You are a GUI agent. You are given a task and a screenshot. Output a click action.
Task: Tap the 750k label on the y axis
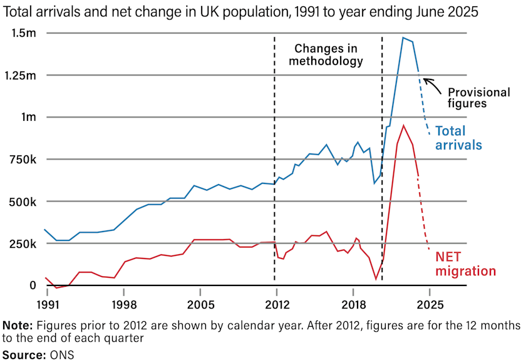[23, 160]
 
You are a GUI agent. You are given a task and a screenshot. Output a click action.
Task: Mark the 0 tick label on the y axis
[33, 285]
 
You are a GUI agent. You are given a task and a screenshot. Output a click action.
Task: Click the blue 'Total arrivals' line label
[458, 138]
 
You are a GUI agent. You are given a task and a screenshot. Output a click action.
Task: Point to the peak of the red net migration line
[403, 125]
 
